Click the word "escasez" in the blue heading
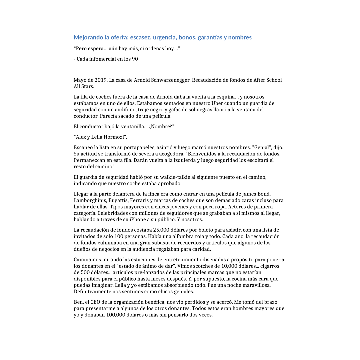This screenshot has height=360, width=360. click(x=140, y=37)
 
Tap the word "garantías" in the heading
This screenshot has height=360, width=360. click(x=209, y=37)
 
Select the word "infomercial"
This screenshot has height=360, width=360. click(x=99, y=59)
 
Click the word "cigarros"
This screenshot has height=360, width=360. click(x=270, y=266)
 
